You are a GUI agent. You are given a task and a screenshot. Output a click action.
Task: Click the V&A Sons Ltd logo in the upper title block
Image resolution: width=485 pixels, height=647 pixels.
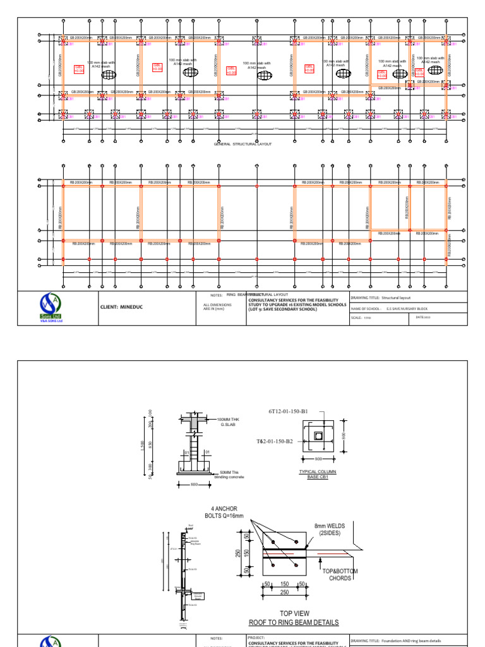pos(58,307)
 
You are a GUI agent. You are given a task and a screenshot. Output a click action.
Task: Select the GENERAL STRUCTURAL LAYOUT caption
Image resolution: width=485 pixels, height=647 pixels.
pos(242,144)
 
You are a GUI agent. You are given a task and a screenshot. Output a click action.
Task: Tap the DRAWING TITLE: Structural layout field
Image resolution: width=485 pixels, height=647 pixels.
pos(389,296)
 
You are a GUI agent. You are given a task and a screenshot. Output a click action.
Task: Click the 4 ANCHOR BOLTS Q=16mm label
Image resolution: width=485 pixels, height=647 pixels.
pos(228,513)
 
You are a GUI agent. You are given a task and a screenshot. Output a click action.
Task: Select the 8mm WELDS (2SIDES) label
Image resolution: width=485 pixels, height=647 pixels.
pos(330,529)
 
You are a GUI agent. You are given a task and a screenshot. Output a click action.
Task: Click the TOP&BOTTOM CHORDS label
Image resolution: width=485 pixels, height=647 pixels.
pos(340,574)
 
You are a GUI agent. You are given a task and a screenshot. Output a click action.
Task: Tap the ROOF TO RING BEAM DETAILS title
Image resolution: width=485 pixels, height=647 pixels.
pos(294,622)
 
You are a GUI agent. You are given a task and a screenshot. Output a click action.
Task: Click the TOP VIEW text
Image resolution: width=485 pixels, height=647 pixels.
pos(294,614)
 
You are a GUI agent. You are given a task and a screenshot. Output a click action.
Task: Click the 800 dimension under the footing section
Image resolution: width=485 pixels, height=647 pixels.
pos(194,485)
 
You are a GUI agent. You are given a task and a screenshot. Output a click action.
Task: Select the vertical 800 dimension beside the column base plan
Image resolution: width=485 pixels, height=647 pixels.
pos(344,436)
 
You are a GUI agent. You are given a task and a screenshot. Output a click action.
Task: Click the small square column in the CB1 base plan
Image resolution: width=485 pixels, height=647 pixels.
pos(318,437)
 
